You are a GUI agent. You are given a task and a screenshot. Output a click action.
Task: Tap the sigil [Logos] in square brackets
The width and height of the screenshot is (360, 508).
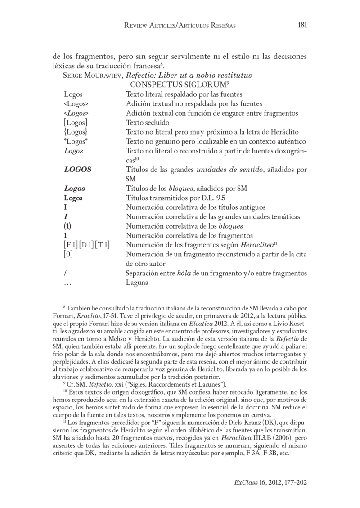[x=76, y=122]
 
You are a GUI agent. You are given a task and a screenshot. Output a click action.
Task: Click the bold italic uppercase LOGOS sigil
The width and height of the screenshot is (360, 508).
[x=78, y=170]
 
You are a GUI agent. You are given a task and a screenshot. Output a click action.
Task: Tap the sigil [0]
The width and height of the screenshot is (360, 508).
[x=68, y=255]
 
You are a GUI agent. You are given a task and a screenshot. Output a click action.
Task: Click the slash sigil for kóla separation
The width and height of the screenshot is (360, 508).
[x=66, y=274]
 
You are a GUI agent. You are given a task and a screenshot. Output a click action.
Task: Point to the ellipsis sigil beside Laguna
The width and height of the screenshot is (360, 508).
[x=68, y=283]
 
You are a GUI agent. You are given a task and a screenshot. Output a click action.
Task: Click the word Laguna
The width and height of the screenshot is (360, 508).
[x=137, y=283]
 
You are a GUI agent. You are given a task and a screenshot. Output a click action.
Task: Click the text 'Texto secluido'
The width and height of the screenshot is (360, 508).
[x=147, y=122]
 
